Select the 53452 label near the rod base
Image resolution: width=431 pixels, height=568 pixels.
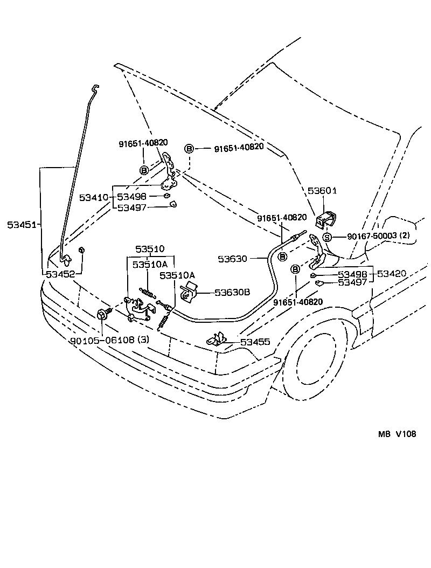60,274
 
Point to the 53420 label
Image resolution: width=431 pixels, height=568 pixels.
392,274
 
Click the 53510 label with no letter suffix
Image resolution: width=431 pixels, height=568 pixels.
150,249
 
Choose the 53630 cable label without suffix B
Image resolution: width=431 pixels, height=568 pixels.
232,259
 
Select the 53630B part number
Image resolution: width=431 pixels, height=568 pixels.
232,293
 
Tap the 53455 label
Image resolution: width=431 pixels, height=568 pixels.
255,342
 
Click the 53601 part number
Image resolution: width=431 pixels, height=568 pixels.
322,191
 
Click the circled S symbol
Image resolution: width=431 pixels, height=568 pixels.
326,237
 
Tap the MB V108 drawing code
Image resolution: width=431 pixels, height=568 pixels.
397,435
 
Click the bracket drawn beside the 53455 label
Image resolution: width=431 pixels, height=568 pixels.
218,339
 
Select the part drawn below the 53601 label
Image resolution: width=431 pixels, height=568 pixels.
325,220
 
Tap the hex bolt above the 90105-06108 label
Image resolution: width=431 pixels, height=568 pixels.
102,314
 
